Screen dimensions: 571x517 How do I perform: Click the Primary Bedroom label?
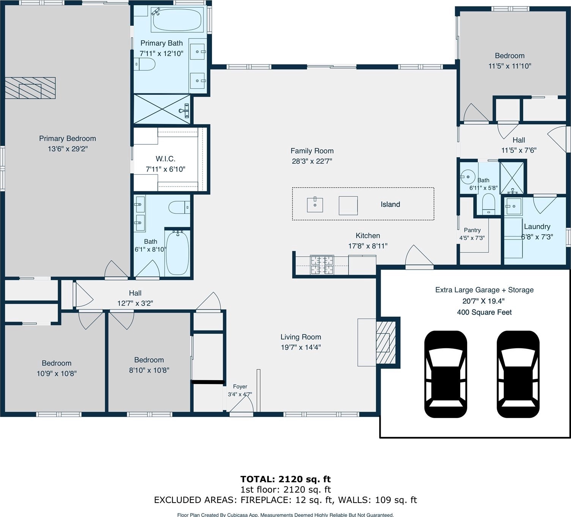tap(67, 139)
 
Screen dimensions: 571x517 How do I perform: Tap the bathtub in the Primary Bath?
tap(177, 20)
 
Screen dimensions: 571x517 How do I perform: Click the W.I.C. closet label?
tap(165, 159)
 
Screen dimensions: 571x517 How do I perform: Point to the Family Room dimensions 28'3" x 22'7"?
tap(312, 161)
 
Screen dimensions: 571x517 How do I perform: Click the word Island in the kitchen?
tap(390, 204)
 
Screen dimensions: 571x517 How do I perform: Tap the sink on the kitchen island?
tap(315, 205)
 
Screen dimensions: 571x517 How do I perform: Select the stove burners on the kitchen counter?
tap(322, 265)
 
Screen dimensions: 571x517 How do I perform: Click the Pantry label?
tap(472, 230)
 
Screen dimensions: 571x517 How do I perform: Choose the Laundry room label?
tap(537, 227)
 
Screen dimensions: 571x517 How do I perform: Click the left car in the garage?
tap(446, 374)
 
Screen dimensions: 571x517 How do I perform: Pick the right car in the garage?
tap(518, 374)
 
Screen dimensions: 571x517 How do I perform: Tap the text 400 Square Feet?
tap(484, 312)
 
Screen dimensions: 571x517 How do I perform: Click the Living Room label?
tap(301, 337)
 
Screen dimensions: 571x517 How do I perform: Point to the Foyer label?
tap(240, 387)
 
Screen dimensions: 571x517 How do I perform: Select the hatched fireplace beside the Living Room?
tap(386, 343)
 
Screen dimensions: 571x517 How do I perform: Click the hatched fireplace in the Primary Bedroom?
tap(30, 88)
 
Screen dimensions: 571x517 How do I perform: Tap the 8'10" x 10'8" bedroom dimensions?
tap(149, 370)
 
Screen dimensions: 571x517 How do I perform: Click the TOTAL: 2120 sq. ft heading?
tap(285, 479)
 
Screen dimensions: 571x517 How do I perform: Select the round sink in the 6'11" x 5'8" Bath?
tap(467, 177)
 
